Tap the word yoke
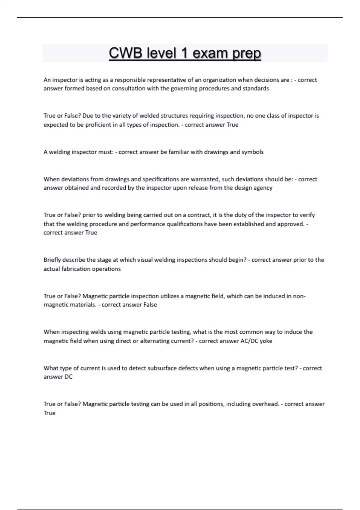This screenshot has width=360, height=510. pos(266,341)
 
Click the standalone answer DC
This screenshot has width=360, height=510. pos(68,377)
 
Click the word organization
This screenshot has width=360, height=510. pos(219,80)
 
